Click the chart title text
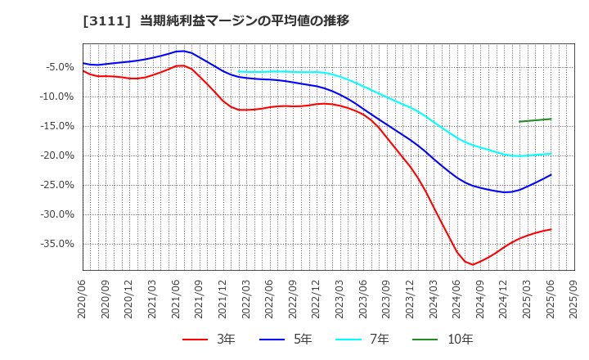pyautogui.click(x=175, y=20)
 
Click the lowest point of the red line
pyautogui.click(x=473, y=264)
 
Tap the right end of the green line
pyautogui.click(x=551, y=119)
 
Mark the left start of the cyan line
pyautogui.click(x=239, y=71)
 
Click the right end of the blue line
pyautogui.click(x=551, y=174)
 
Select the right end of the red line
pyautogui.click(x=551, y=229)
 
